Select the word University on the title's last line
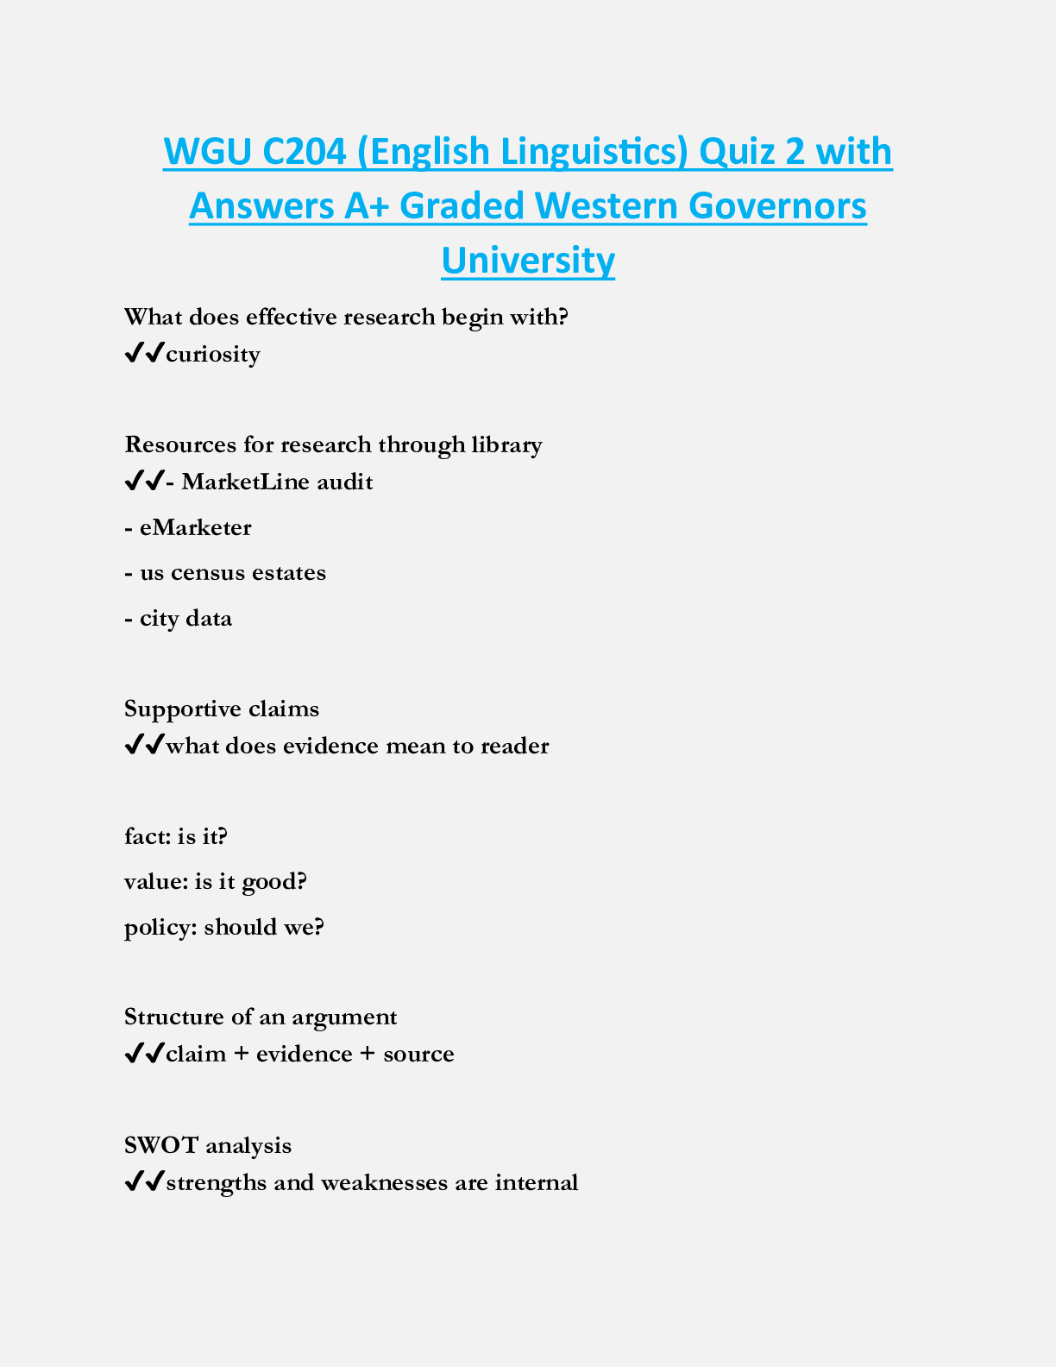pos(528,260)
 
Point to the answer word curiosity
pos(213,355)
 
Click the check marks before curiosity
pos(144,354)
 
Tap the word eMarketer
pos(195,527)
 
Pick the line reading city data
pos(179,619)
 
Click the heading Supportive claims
pos(222,709)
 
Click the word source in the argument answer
pos(418,1055)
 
